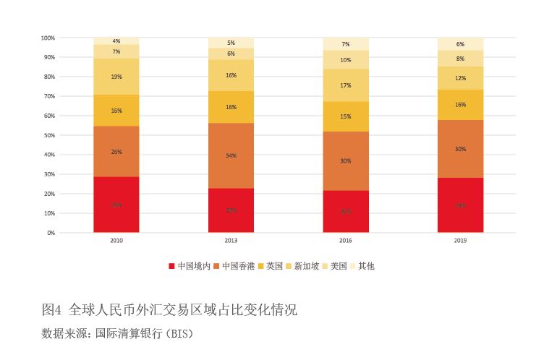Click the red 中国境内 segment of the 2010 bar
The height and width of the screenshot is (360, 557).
click(116, 205)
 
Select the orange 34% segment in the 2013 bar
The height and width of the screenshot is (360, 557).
click(231, 155)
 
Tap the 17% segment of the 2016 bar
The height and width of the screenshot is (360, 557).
click(346, 85)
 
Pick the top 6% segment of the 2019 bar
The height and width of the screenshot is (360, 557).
click(460, 44)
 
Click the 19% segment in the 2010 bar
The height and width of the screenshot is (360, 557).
click(116, 77)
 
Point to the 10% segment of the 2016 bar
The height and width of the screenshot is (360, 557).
click(346, 60)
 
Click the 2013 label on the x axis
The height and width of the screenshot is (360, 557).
click(231, 241)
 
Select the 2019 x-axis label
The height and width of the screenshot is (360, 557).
click(460, 241)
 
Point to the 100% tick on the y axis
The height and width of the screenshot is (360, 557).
click(48, 38)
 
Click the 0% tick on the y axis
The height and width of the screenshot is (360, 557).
click(51, 233)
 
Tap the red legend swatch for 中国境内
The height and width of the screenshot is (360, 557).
click(171, 266)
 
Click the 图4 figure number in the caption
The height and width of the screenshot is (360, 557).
click(52, 310)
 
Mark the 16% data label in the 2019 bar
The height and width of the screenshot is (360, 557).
click(460, 105)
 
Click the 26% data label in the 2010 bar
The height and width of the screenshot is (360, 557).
click(116, 152)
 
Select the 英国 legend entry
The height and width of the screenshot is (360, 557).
click(273, 266)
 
